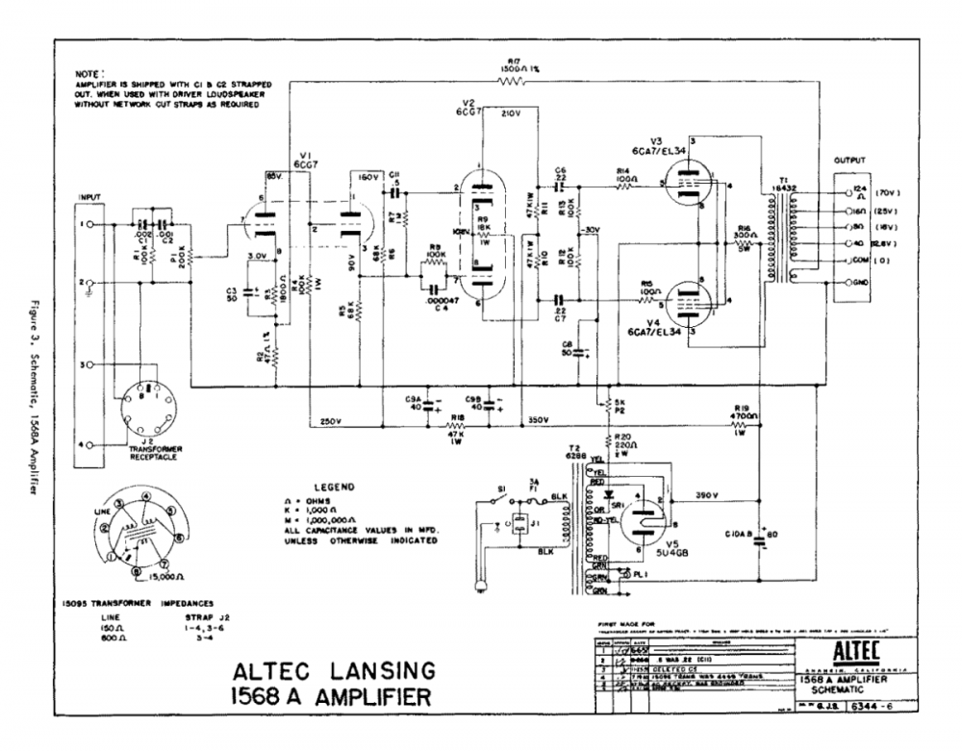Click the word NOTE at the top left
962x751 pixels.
pos(89,73)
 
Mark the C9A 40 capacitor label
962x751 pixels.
pos(415,400)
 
